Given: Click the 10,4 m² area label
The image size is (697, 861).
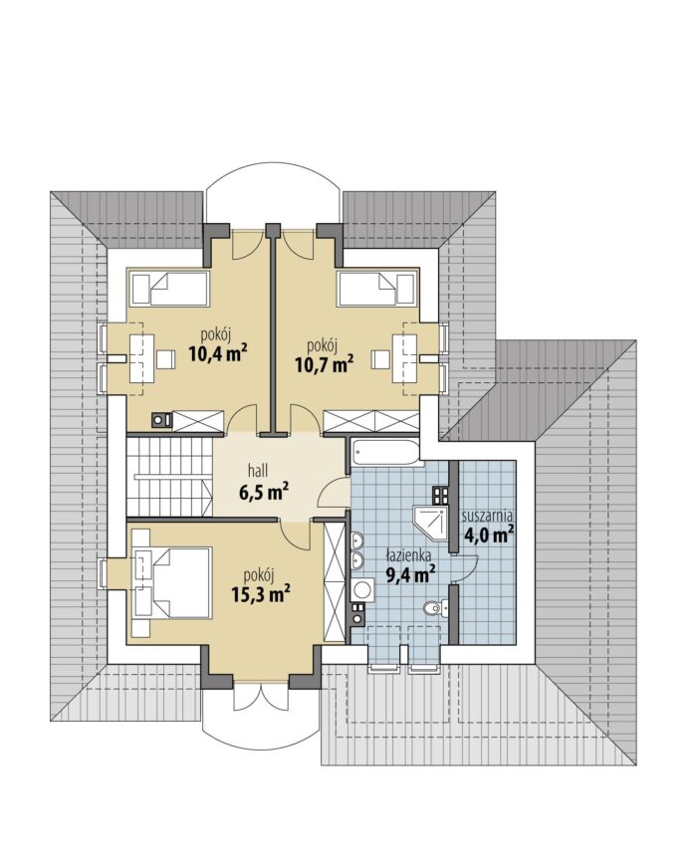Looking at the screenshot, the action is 216,353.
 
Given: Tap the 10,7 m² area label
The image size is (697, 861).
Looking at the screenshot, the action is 324,363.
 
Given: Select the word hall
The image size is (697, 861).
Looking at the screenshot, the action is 258,471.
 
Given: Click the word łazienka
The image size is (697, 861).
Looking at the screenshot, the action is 407,555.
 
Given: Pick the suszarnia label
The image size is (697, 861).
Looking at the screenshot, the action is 488,516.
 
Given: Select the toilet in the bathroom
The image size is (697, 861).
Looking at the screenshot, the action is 436,607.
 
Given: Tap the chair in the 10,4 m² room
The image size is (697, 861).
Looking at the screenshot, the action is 165,359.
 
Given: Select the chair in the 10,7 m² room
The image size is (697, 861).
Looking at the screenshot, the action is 380,359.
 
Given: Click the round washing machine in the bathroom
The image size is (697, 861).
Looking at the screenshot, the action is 362,589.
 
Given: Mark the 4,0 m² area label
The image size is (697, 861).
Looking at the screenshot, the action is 489,534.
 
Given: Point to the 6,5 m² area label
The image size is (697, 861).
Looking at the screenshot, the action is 264,492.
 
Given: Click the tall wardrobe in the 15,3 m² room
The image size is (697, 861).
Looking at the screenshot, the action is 335,581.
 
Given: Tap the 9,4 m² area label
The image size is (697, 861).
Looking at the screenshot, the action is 411,574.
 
